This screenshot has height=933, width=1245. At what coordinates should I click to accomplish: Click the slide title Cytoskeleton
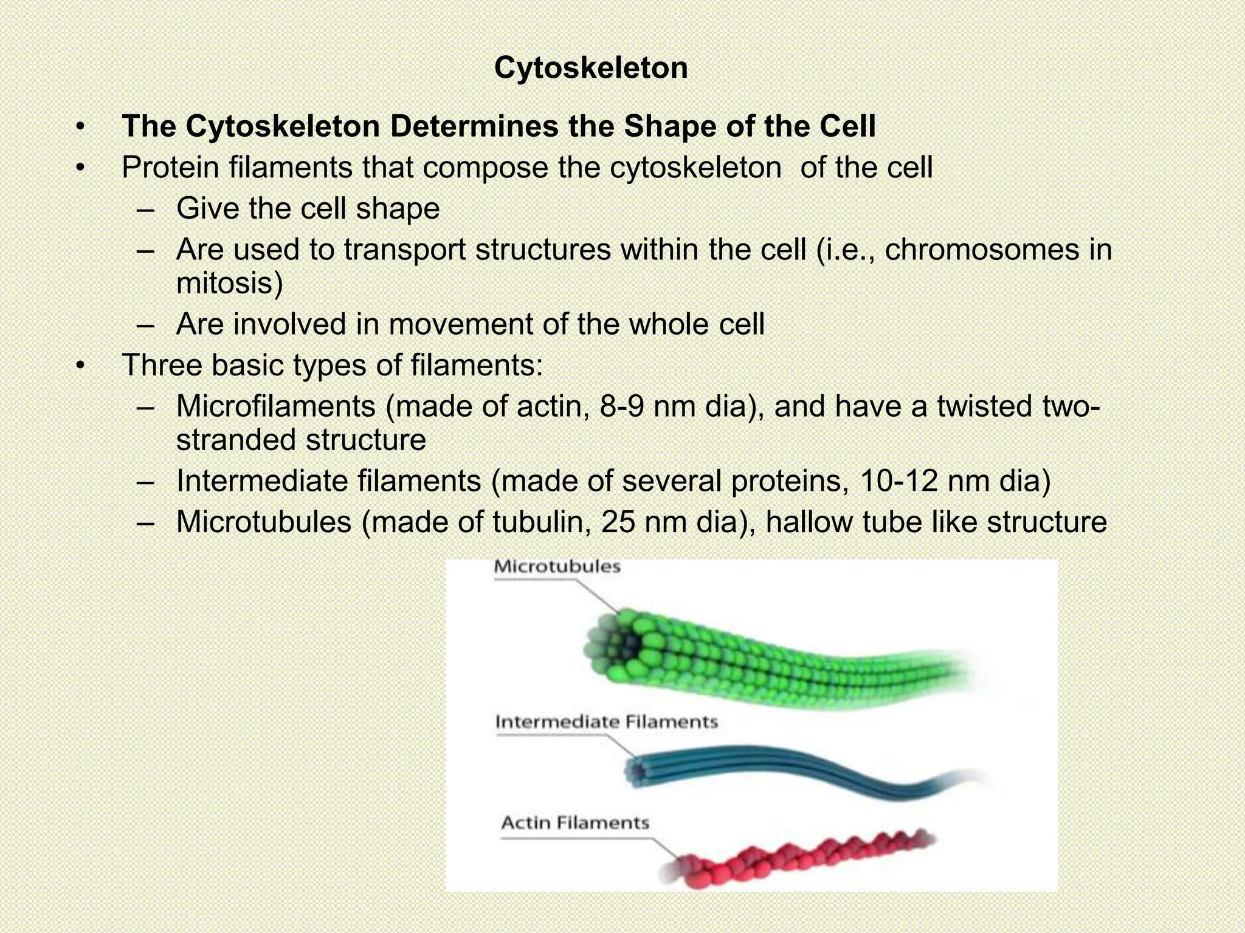click(591, 67)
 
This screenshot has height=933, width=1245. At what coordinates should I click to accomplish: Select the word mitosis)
click(229, 283)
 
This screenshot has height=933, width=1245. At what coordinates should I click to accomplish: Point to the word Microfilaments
click(275, 406)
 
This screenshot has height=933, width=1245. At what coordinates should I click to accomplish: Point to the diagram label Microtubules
click(557, 567)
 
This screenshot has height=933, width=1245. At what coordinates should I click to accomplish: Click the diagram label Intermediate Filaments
click(606, 722)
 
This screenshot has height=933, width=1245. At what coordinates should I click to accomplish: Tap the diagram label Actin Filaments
click(575, 823)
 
